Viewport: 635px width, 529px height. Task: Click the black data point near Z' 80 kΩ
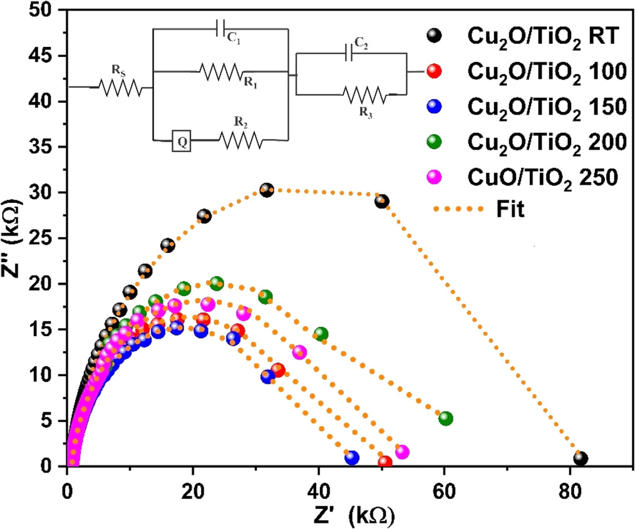click(581, 458)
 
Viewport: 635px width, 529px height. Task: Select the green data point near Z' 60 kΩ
click(446, 418)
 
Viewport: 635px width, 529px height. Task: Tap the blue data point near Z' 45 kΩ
click(352, 458)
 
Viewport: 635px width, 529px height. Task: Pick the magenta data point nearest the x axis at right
click(402, 451)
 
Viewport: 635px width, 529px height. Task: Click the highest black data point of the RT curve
click(267, 190)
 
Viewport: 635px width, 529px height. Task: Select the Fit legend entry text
click(509, 209)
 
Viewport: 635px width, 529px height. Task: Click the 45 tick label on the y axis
click(43, 56)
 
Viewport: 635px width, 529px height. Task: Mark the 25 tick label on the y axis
click(43, 239)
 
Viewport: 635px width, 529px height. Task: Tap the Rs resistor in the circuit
click(120, 86)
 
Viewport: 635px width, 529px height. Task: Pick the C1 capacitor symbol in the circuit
click(220, 28)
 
